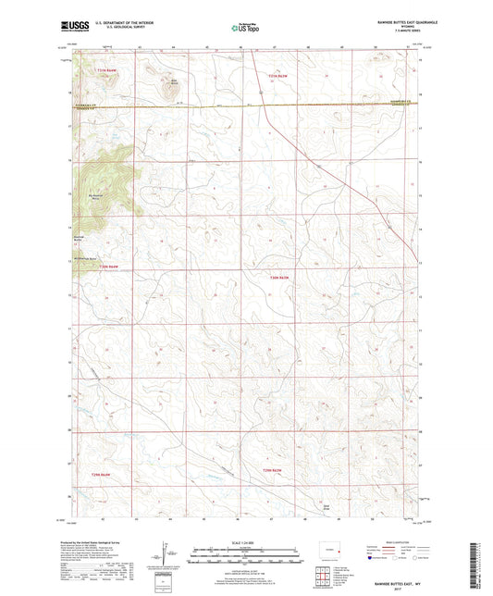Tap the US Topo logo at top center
[x=246, y=29]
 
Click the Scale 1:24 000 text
[x=246, y=542]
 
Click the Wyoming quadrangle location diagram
[x=327, y=553]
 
